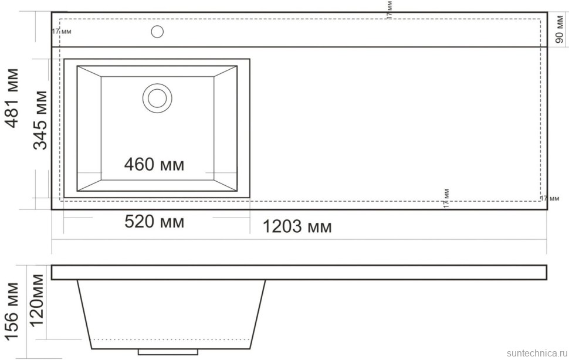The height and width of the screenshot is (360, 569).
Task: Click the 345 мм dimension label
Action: [40, 119]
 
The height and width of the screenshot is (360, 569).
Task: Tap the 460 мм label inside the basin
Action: [154, 165]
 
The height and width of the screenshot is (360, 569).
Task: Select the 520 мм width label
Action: [154, 222]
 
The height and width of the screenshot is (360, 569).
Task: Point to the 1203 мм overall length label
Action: [296, 226]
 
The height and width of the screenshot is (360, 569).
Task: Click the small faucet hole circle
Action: [157, 31]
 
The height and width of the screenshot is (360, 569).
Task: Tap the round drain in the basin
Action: [157, 97]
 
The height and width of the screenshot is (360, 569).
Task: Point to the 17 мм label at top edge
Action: [390, 10]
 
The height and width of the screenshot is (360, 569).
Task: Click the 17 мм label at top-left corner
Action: [62, 31]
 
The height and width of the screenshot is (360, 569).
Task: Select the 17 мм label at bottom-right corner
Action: [549, 198]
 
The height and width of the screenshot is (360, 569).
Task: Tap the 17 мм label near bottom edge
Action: [446, 198]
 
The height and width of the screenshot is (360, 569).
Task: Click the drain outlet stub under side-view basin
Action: [168, 352]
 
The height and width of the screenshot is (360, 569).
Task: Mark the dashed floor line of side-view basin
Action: [171, 339]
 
